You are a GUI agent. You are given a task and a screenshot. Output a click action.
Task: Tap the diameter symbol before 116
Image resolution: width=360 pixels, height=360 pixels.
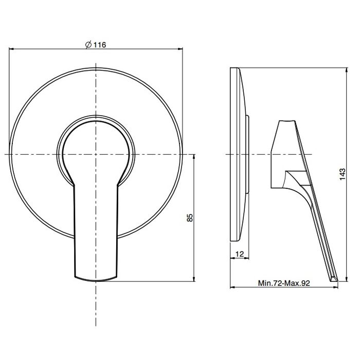click(88, 45)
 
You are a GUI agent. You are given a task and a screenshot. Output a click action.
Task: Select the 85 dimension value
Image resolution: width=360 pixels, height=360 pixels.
click(190, 218)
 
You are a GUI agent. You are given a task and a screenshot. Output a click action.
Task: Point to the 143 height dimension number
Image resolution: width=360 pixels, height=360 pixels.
click(343, 174)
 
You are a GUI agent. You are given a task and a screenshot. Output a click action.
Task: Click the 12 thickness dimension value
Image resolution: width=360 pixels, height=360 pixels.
click(240, 254)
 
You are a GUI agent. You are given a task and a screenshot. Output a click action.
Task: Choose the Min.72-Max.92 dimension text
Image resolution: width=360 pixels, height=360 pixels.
click(284, 283)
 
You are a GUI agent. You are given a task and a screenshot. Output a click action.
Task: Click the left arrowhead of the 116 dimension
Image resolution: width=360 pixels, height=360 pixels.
click(11, 49)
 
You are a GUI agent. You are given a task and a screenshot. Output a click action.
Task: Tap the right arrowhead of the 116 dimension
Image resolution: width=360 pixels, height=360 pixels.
click(181, 49)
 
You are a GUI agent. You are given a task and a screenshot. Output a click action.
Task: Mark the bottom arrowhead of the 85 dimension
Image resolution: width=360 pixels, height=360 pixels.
click(194, 279)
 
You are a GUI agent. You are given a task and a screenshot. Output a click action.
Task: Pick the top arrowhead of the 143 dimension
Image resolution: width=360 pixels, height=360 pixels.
click(347, 70)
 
